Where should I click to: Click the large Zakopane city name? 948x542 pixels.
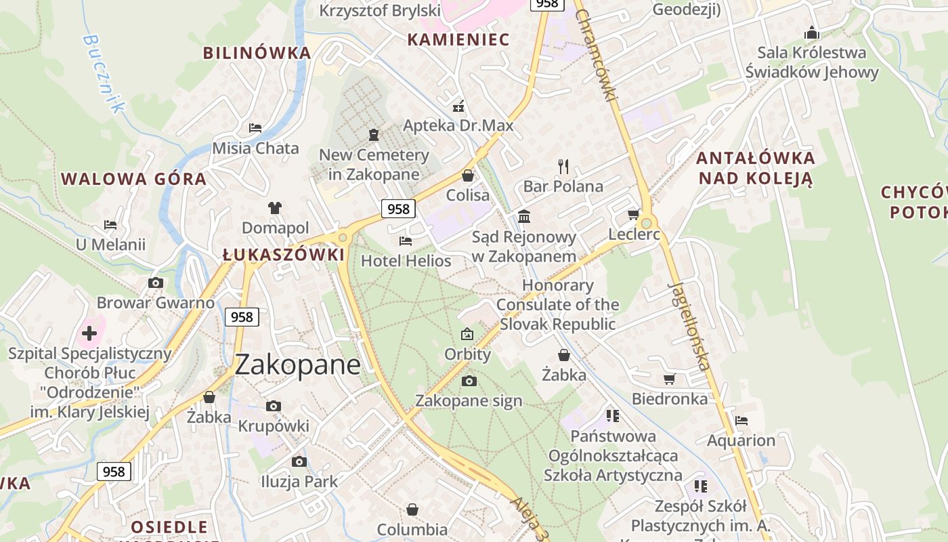tap(297, 365)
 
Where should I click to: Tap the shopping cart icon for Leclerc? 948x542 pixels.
tap(633, 215)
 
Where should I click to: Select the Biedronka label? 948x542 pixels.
tap(669, 398)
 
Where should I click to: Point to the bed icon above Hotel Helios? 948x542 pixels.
tap(406, 241)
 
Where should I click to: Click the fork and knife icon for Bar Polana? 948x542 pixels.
tap(563, 166)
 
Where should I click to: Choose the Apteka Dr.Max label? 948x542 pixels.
tap(458, 125)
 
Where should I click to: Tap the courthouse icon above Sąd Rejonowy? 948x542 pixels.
tap(524, 216)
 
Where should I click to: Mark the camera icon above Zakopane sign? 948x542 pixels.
tap(469, 381)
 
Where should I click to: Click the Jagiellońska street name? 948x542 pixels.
tap(691, 326)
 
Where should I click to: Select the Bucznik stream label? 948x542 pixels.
tap(104, 73)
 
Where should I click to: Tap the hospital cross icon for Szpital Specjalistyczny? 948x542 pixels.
tap(89, 333)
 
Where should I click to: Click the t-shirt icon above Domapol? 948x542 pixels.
tap(274, 207)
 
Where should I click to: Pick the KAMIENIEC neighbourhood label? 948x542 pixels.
tap(458, 39)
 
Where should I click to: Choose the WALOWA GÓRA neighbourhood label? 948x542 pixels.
tap(133, 179)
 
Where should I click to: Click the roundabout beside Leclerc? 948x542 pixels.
tap(647, 223)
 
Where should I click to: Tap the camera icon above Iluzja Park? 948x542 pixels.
tap(299, 461)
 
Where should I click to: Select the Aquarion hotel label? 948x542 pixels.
tap(741, 440)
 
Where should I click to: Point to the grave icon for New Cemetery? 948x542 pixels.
tap(373, 134)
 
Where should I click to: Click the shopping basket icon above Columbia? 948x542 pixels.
tap(412, 509)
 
